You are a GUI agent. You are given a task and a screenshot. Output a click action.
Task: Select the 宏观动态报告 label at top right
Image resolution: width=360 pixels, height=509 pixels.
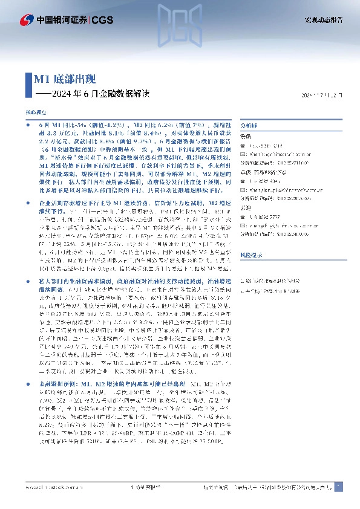pos(323,20)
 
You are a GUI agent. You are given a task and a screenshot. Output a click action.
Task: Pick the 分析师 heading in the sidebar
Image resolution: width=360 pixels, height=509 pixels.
pos(249,125)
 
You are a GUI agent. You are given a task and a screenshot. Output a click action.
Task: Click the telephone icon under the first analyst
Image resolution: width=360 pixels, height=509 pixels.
pos(243,146)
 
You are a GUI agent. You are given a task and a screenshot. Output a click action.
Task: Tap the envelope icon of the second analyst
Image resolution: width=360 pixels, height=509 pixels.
pos(243,189)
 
